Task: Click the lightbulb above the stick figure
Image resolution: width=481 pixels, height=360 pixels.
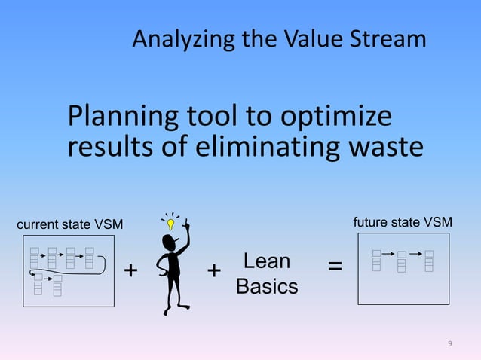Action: pyautogui.click(x=171, y=223)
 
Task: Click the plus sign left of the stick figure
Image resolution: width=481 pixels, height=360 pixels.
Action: pyautogui.click(x=130, y=270)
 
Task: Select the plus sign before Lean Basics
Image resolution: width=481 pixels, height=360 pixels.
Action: pyautogui.click(x=214, y=270)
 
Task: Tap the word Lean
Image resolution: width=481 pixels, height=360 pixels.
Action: pyautogui.click(x=266, y=261)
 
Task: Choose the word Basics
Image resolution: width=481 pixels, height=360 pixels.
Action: pyautogui.click(x=266, y=287)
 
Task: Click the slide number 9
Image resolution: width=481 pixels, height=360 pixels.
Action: pyautogui.click(x=450, y=344)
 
